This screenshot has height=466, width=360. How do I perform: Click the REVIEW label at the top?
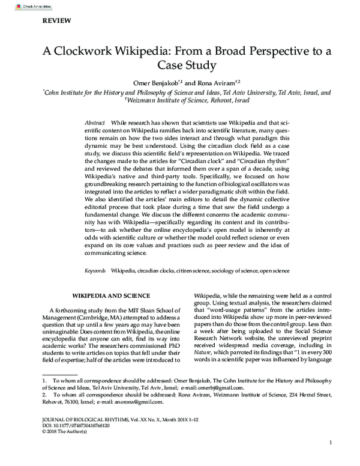pos(56,20)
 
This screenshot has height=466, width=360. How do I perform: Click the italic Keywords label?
pos(95,271)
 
